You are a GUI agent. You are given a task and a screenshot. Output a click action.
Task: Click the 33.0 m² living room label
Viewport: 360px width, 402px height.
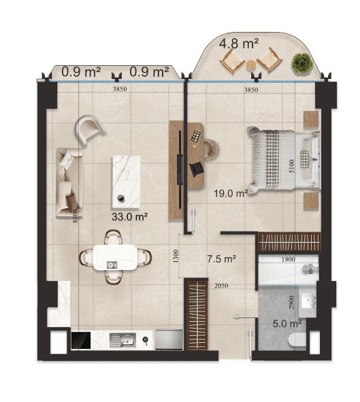(129, 217)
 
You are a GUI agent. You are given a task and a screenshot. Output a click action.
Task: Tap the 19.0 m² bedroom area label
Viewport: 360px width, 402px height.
(231, 193)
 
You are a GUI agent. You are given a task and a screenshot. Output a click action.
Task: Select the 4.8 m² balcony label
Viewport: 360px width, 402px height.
(238, 44)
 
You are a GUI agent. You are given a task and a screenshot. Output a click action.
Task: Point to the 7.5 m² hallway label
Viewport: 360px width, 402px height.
(222, 259)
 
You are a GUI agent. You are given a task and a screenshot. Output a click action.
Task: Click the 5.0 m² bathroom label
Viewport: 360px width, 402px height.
(287, 324)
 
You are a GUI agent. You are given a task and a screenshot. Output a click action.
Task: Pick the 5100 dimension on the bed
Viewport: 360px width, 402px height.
(291, 166)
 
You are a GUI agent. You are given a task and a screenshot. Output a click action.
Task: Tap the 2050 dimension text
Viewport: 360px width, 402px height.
(221, 286)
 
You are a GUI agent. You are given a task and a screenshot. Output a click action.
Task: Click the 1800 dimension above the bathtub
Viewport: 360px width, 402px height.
(289, 259)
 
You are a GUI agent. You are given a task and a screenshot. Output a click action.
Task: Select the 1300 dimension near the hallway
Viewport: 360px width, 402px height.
(176, 256)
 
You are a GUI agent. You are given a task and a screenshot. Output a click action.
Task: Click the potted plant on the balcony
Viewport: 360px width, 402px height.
(302, 63)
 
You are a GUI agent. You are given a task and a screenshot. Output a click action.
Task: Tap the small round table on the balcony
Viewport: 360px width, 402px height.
(251, 65)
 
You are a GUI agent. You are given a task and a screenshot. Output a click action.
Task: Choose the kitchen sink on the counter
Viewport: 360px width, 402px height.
(122, 340)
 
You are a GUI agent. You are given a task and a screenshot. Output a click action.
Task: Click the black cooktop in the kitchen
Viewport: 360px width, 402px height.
(81, 341)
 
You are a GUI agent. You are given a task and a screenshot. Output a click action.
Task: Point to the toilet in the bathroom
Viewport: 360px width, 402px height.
(297, 340)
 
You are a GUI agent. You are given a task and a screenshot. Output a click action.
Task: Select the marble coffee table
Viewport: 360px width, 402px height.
(127, 182)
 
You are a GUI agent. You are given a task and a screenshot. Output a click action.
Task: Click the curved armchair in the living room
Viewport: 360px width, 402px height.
(89, 129)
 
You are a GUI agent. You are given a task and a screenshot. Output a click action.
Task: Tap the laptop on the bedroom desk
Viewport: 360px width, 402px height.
(197, 169)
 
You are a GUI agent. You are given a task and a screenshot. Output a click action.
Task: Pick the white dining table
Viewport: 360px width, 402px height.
(115, 257)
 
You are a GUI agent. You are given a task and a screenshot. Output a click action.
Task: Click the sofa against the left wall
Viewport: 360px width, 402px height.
(69, 182)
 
